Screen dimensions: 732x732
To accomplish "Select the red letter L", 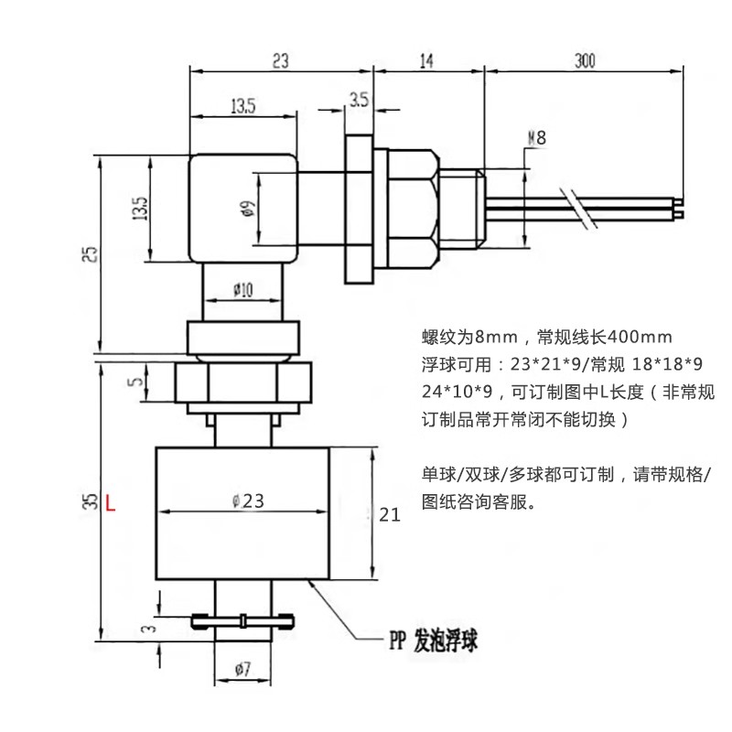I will click(x=111, y=502).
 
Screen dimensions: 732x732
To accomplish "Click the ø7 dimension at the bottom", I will click(x=242, y=669).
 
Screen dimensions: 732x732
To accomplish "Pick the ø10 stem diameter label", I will click(x=242, y=290).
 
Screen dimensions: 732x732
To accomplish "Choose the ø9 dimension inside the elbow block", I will click(x=248, y=210).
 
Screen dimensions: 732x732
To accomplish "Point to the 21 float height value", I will click(x=390, y=515).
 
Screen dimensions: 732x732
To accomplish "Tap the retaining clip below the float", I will click(x=243, y=621).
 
